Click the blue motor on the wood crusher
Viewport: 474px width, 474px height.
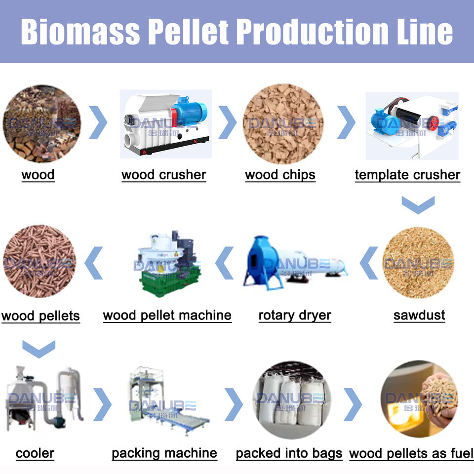pyautogui.click(x=191, y=112)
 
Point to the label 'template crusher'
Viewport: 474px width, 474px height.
pyautogui.click(x=407, y=175)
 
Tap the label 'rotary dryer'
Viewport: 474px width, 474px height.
pyautogui.click(x=295, y=316)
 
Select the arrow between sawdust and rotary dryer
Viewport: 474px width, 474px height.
pyautogui.click(x=368, y=263)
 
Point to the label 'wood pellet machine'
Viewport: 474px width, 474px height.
pyautogui.click(x=167, y=316)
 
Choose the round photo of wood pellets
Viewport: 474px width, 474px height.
pyautogui.click(x=40, y=262)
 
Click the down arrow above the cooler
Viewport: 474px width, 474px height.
pyautogui.click(x=39, y=349)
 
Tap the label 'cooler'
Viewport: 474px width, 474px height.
pyautogui.click(x=35, y=453)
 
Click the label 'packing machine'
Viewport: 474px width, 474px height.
pyautogui.click(x=164, y=453)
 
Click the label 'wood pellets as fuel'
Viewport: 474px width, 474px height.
pyautogui.click(x=411, y=453)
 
